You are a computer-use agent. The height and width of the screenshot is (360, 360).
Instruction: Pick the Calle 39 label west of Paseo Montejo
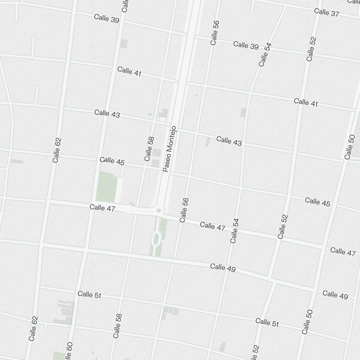[x=107, y=19]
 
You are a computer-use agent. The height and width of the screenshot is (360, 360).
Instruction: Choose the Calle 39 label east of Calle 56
[x=246, y=46]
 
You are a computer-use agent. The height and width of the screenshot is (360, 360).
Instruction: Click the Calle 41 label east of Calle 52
[x=306, y=102]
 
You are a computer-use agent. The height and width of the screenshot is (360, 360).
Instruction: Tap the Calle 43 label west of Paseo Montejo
[x=107, y=114]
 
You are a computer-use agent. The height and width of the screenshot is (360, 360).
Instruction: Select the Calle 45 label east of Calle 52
[x=318, y=202]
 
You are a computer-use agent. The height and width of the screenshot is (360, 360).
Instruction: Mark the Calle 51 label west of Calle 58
[x=89, y=295]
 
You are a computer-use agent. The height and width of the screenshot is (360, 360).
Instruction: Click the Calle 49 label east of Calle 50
[x=335, y=295]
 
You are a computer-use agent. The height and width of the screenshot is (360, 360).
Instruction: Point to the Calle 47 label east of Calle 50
[x=343, y=251]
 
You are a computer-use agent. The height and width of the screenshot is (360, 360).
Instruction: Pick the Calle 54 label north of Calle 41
[x=265, y=54]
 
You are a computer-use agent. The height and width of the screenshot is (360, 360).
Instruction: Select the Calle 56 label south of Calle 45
[x=184, y=210]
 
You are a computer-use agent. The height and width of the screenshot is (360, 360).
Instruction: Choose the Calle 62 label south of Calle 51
[x=33, y=328]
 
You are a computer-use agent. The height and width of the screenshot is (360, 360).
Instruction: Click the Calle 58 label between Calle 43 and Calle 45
[x=149, y=149]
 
